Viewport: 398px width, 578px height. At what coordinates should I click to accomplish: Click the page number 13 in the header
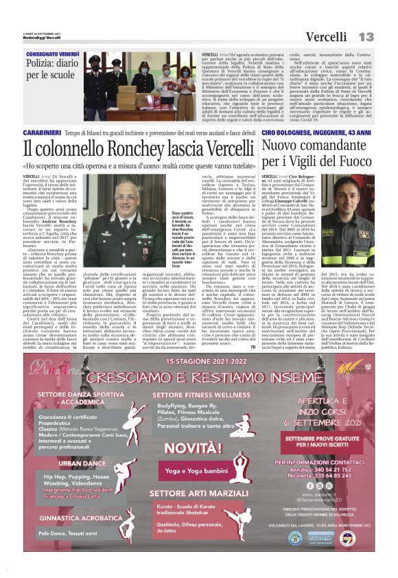[366, 36]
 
